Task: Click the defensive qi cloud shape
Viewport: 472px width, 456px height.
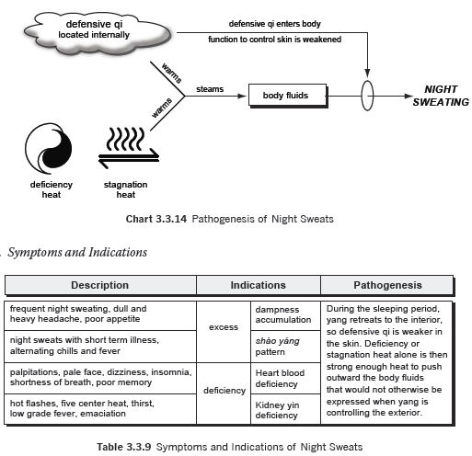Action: [x=98, y=34]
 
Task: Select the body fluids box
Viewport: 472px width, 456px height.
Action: [x=288, y=96]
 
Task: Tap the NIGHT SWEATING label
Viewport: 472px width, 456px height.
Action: [x=441, y=96]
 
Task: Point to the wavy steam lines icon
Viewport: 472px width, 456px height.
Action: [x=125, y=139]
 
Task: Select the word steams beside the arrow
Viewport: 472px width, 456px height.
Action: [x=210, y=89]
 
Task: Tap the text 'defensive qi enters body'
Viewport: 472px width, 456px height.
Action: [x=275, y=24]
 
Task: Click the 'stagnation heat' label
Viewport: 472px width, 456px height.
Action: [x=126, y=189]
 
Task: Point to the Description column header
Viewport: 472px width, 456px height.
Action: [x=100, y=285]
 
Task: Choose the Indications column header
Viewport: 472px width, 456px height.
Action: [x=259, y=285]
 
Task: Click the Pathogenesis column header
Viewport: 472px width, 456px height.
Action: [x=387, y=285]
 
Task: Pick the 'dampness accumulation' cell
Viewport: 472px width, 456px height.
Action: [x=285, y=315]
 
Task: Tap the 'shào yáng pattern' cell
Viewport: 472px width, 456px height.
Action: [x=285, y=347]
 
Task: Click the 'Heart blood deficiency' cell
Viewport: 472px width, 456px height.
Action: [x=285, y=378]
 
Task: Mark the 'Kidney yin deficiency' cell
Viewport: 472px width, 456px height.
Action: [x=285, y=409]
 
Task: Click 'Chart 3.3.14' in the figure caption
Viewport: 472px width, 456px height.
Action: [x=156, y=219]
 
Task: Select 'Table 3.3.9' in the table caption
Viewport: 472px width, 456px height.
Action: [x=124, y=447]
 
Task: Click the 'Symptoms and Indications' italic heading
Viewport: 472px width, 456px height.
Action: [x=77, y=253]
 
